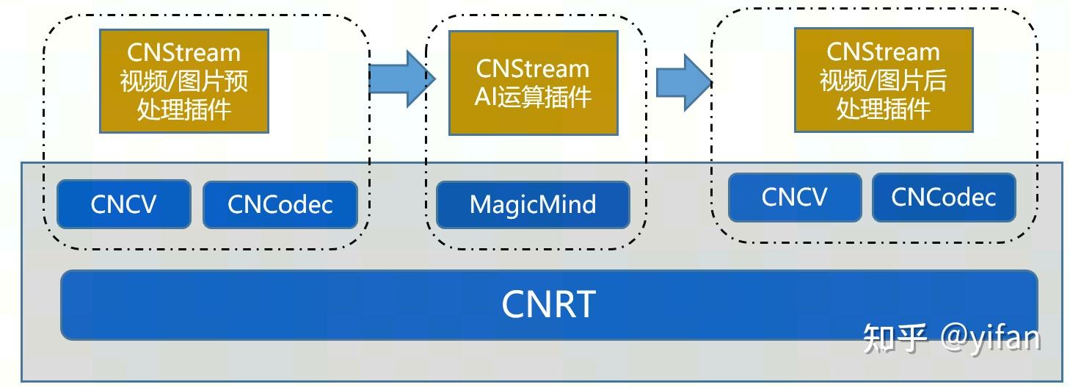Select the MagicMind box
tap(533, 204)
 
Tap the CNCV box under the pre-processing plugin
tap(123, 204)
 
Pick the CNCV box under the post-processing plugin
tap(795, 197)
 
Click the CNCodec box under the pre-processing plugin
tap(280, 204)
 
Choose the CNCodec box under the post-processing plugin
tap(944, 197)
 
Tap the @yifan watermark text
tap(990, 338)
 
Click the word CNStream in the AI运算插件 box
tap(533, 68)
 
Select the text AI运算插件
tap(533, 97)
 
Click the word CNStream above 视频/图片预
tap(184, 53)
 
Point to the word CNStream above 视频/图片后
tap(884, 51)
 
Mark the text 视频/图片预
tap(184, 81)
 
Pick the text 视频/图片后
tap(884, 80)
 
